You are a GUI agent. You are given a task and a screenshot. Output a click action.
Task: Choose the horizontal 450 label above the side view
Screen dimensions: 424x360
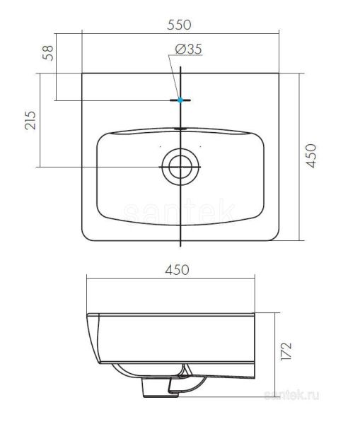pos(181,269)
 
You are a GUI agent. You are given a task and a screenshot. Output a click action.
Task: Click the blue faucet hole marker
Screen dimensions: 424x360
pos(182,100)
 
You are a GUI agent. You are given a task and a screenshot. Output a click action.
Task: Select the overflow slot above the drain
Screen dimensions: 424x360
pos(182,129)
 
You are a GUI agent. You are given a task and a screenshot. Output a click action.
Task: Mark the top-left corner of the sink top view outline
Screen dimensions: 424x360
pos(83,73)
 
